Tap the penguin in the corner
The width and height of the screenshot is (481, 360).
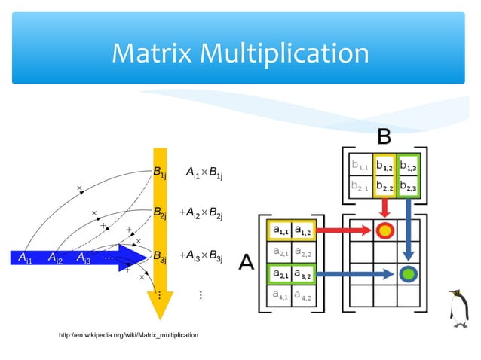coord(458,309)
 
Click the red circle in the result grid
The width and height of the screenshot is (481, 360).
coord(385,230)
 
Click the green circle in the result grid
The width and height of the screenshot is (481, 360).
coord(408,273)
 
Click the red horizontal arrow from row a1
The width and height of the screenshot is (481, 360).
coord(344,230)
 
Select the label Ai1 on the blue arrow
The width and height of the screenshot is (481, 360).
coord(25,258)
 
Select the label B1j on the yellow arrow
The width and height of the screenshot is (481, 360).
coord(159,172)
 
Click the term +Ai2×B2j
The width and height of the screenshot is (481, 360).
coord(201,214)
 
